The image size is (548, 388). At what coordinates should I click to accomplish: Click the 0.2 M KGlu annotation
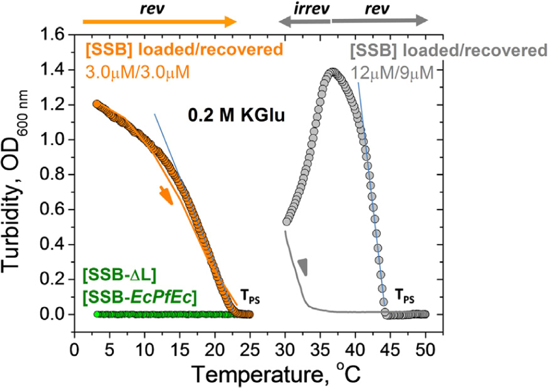coord(236,116)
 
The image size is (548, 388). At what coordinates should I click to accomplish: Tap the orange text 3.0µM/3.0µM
coord(137,72)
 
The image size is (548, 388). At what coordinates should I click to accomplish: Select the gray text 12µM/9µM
coord(392,73)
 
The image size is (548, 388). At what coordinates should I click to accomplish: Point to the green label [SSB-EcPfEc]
coord(140,297)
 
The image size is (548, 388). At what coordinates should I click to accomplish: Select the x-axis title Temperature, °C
coord(276,374)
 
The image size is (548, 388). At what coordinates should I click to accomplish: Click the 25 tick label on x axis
coord(250,350)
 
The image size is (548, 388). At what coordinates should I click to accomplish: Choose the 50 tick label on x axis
coord(425,350)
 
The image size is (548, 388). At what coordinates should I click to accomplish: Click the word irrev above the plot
coord(311,9)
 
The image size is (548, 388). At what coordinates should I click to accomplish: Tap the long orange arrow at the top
coord(160,22)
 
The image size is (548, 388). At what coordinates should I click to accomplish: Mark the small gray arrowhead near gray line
coord(303,266)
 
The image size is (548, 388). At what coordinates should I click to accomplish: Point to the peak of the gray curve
coord(333,72)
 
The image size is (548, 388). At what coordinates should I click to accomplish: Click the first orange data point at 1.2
coord(96,104)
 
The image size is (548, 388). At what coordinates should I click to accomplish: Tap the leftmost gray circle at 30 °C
coord(287,222)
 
